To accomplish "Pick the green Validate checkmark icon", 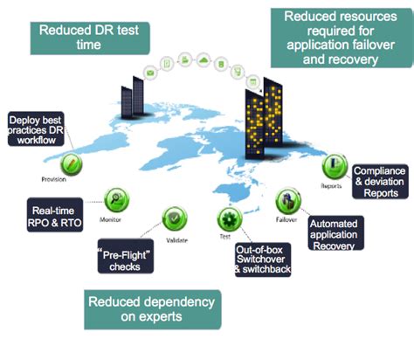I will point(176,216).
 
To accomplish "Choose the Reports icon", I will point(332,166).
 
